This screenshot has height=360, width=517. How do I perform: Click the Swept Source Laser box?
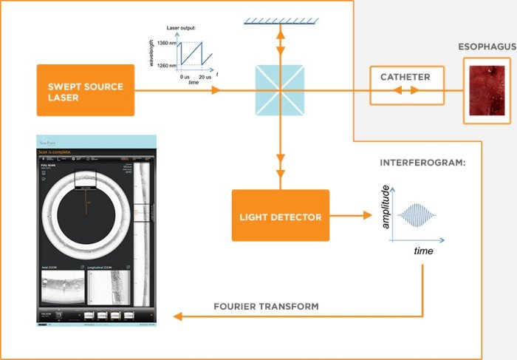(85, 89)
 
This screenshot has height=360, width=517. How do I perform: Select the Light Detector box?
(280, 216)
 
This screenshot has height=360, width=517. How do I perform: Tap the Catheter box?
(405, 77)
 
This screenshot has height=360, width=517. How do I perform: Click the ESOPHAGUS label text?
(487, 48)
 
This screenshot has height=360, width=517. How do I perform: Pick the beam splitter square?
(280, 90)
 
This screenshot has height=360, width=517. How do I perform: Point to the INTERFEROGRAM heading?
(422, 161)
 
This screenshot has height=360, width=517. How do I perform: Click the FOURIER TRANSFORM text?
(266, 306)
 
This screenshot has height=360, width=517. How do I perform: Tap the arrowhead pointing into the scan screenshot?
(176, 317)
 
